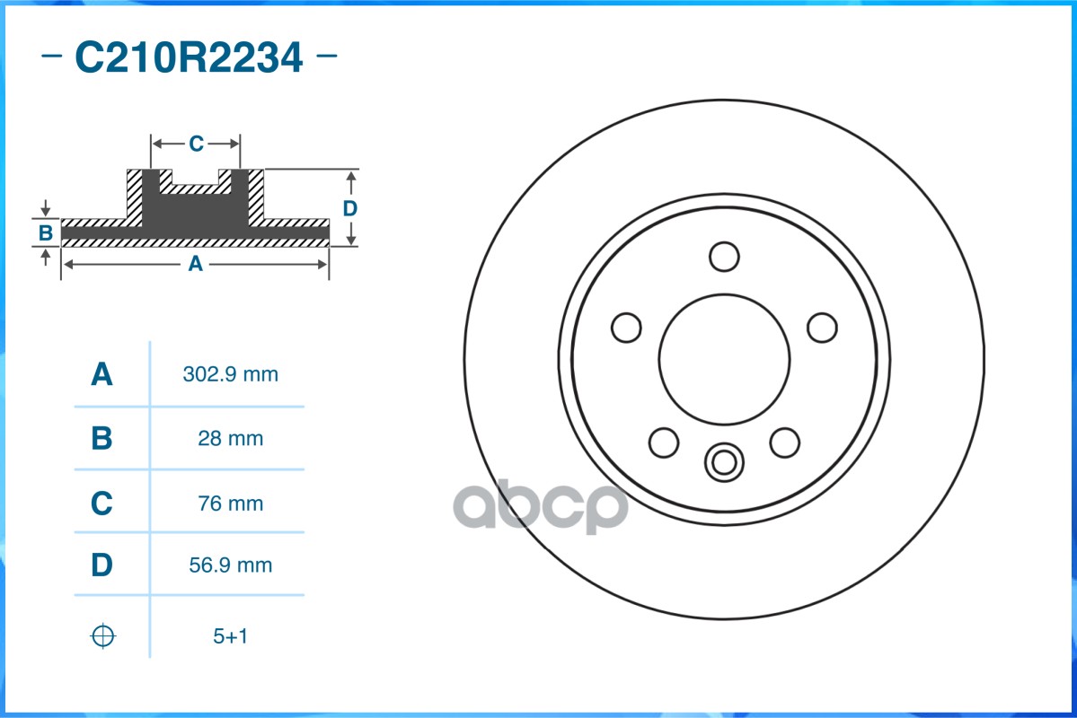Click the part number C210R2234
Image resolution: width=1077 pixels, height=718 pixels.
(x=189, y=58)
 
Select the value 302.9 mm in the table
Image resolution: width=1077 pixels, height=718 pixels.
(x=230, y=374)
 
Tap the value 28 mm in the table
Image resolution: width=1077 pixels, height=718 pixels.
(x=230, y=439)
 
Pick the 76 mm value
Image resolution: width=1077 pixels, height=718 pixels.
(x=230, y=503)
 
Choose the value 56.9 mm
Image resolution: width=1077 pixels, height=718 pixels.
(x=230, y=565)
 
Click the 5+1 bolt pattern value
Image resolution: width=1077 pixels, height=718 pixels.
(x=230, y=636)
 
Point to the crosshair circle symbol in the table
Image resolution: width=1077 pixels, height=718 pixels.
(x=103, y=636)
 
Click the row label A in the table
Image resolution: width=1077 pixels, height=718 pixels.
(x=102, y=374)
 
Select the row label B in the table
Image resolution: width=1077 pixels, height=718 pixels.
(x=102, y=439)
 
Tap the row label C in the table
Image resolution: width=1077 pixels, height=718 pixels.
(x=102, y=503)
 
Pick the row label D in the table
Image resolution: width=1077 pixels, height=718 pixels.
(x=102, y=565)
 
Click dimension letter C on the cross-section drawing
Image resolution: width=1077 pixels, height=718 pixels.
(x=196, y=144)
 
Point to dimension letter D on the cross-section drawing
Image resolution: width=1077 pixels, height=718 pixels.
(x=350, y=208)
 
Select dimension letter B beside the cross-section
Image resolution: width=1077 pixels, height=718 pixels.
(x=45, y=233)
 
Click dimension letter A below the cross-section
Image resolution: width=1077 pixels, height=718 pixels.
(x=194, y=264)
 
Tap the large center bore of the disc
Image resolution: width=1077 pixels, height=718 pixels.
(x=724, y=358)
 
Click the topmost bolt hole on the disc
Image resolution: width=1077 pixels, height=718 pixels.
(x=724, y=256)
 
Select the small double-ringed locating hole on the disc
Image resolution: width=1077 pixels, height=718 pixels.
(x=724, y=462)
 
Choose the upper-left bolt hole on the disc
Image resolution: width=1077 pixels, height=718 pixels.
(x=626, y=328)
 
